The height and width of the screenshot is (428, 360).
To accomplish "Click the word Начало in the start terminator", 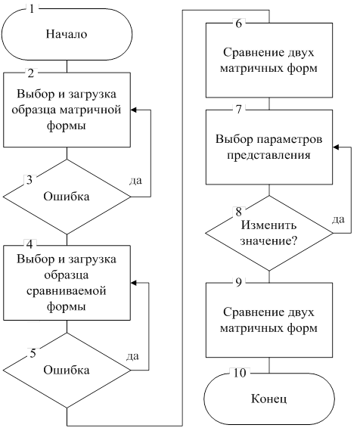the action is point(67,34).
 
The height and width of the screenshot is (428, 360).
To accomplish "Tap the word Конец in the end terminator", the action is point(268,399).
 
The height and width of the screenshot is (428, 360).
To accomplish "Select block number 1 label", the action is point(32,9).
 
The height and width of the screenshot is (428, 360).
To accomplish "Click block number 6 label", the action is point(238,23).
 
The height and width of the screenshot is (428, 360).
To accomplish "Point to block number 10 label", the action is point(240,373).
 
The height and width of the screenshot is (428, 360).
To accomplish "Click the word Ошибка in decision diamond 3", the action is point(67,197).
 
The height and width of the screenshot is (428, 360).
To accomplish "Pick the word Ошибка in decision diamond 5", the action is point(67,370).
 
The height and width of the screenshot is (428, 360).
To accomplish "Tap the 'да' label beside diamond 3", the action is point(135,181).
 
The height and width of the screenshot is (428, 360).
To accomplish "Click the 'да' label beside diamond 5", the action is point(133,356).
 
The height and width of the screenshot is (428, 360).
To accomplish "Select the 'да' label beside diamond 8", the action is point(338,219).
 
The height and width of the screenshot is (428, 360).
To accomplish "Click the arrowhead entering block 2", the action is point(133,110).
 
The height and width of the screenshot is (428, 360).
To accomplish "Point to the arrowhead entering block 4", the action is point(133,283).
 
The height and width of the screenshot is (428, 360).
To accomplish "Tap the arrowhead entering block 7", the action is point(336,147).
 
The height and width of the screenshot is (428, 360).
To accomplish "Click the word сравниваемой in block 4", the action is point(67,291).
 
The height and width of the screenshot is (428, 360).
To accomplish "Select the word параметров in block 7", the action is point(290,140).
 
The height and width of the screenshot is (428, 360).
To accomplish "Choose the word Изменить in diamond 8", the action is point(268,225).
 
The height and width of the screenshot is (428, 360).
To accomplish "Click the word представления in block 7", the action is point(268,155).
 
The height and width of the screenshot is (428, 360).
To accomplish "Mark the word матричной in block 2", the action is point(90,110).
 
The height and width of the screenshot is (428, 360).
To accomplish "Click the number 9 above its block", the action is point(238,283).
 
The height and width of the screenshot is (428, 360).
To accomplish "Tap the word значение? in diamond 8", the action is point(268,241).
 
